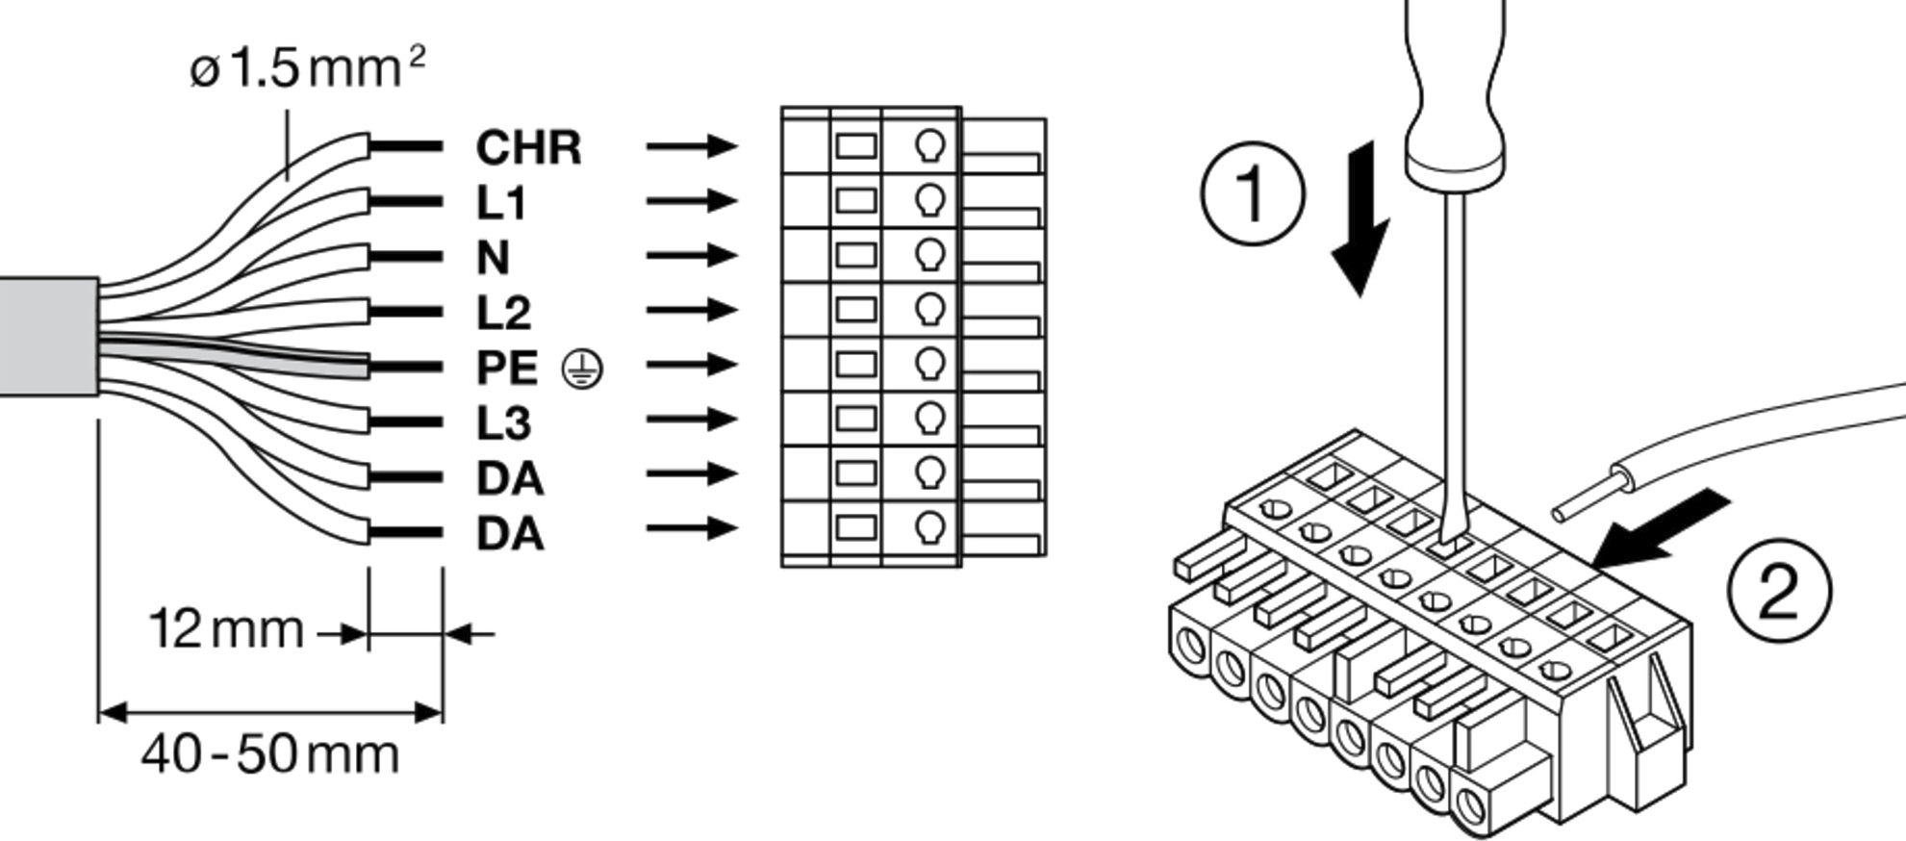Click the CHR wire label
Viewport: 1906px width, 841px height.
pyautogui.click(x=528, y=148)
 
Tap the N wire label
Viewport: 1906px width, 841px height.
pyautogui.click(x=493, y=258)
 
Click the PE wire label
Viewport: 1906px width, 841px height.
pyautogui.click(x=507, y=368)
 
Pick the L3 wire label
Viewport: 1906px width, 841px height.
pyautogui.click(x=503, y=422)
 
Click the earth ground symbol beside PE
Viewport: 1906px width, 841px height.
pyautogui.click(x=582, y=370)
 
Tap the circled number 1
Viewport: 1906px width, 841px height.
pyautogui.click(x=1252, y=193)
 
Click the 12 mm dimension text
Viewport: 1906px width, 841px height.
pyautogui.click(x=226, y=630)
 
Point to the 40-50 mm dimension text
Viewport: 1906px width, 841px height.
pyautogui.click(x=269, y=754)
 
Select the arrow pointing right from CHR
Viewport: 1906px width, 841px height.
pyautogui.click(x=692, y=146)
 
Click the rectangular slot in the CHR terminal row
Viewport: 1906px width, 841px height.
pyautogui.click(x=855, y=146)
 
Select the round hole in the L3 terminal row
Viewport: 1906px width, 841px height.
pyautogui.click(x=929, y=418)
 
